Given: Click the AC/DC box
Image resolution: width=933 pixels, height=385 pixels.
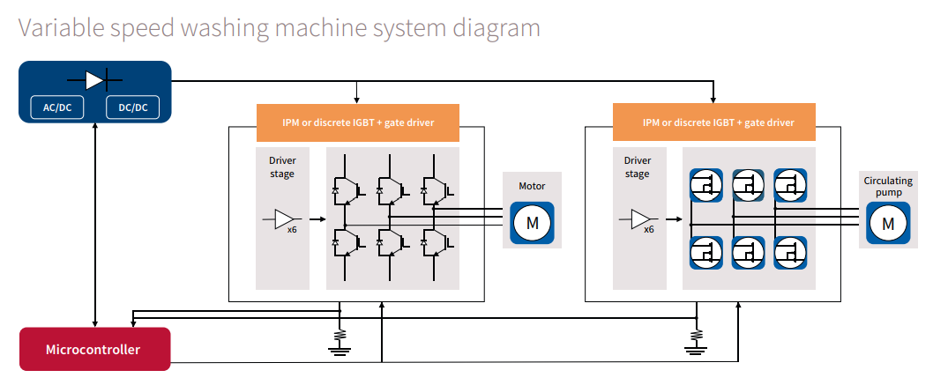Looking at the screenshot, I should click(57, 107).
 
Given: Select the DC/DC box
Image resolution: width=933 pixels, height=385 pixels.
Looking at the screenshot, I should click(132, 107).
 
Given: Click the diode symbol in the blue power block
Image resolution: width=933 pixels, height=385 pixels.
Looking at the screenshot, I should click(95, 79).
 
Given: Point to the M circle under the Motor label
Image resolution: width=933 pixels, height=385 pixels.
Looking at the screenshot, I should click(532, 223).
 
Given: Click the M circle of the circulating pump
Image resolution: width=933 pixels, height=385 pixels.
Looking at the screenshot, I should click(888, 223).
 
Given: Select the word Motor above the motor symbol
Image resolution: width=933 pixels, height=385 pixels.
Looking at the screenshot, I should click(532, 186).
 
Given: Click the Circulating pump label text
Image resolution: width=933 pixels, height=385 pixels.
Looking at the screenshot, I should click(887, 186).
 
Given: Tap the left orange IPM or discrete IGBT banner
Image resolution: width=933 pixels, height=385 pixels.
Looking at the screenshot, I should click(357, 122).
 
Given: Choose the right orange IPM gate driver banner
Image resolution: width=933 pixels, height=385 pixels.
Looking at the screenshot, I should click(713, 122).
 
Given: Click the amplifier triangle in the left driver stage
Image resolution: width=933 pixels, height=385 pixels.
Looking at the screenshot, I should click(285, 219).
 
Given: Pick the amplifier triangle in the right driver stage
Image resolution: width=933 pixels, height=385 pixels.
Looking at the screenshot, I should click(641, 219).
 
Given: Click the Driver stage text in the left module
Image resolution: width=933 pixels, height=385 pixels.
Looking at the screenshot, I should click(282, 167).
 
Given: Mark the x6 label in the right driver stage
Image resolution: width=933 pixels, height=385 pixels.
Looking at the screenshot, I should click(648, 229).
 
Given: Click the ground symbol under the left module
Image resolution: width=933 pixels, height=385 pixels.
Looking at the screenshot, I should click(340, 342).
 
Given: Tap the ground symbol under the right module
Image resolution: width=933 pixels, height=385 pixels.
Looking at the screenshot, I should click(696, 342).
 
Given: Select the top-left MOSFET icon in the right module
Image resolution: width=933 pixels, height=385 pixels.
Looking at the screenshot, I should click(705, 185).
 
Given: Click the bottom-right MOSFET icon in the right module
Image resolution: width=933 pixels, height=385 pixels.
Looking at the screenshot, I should click(791, 253).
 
